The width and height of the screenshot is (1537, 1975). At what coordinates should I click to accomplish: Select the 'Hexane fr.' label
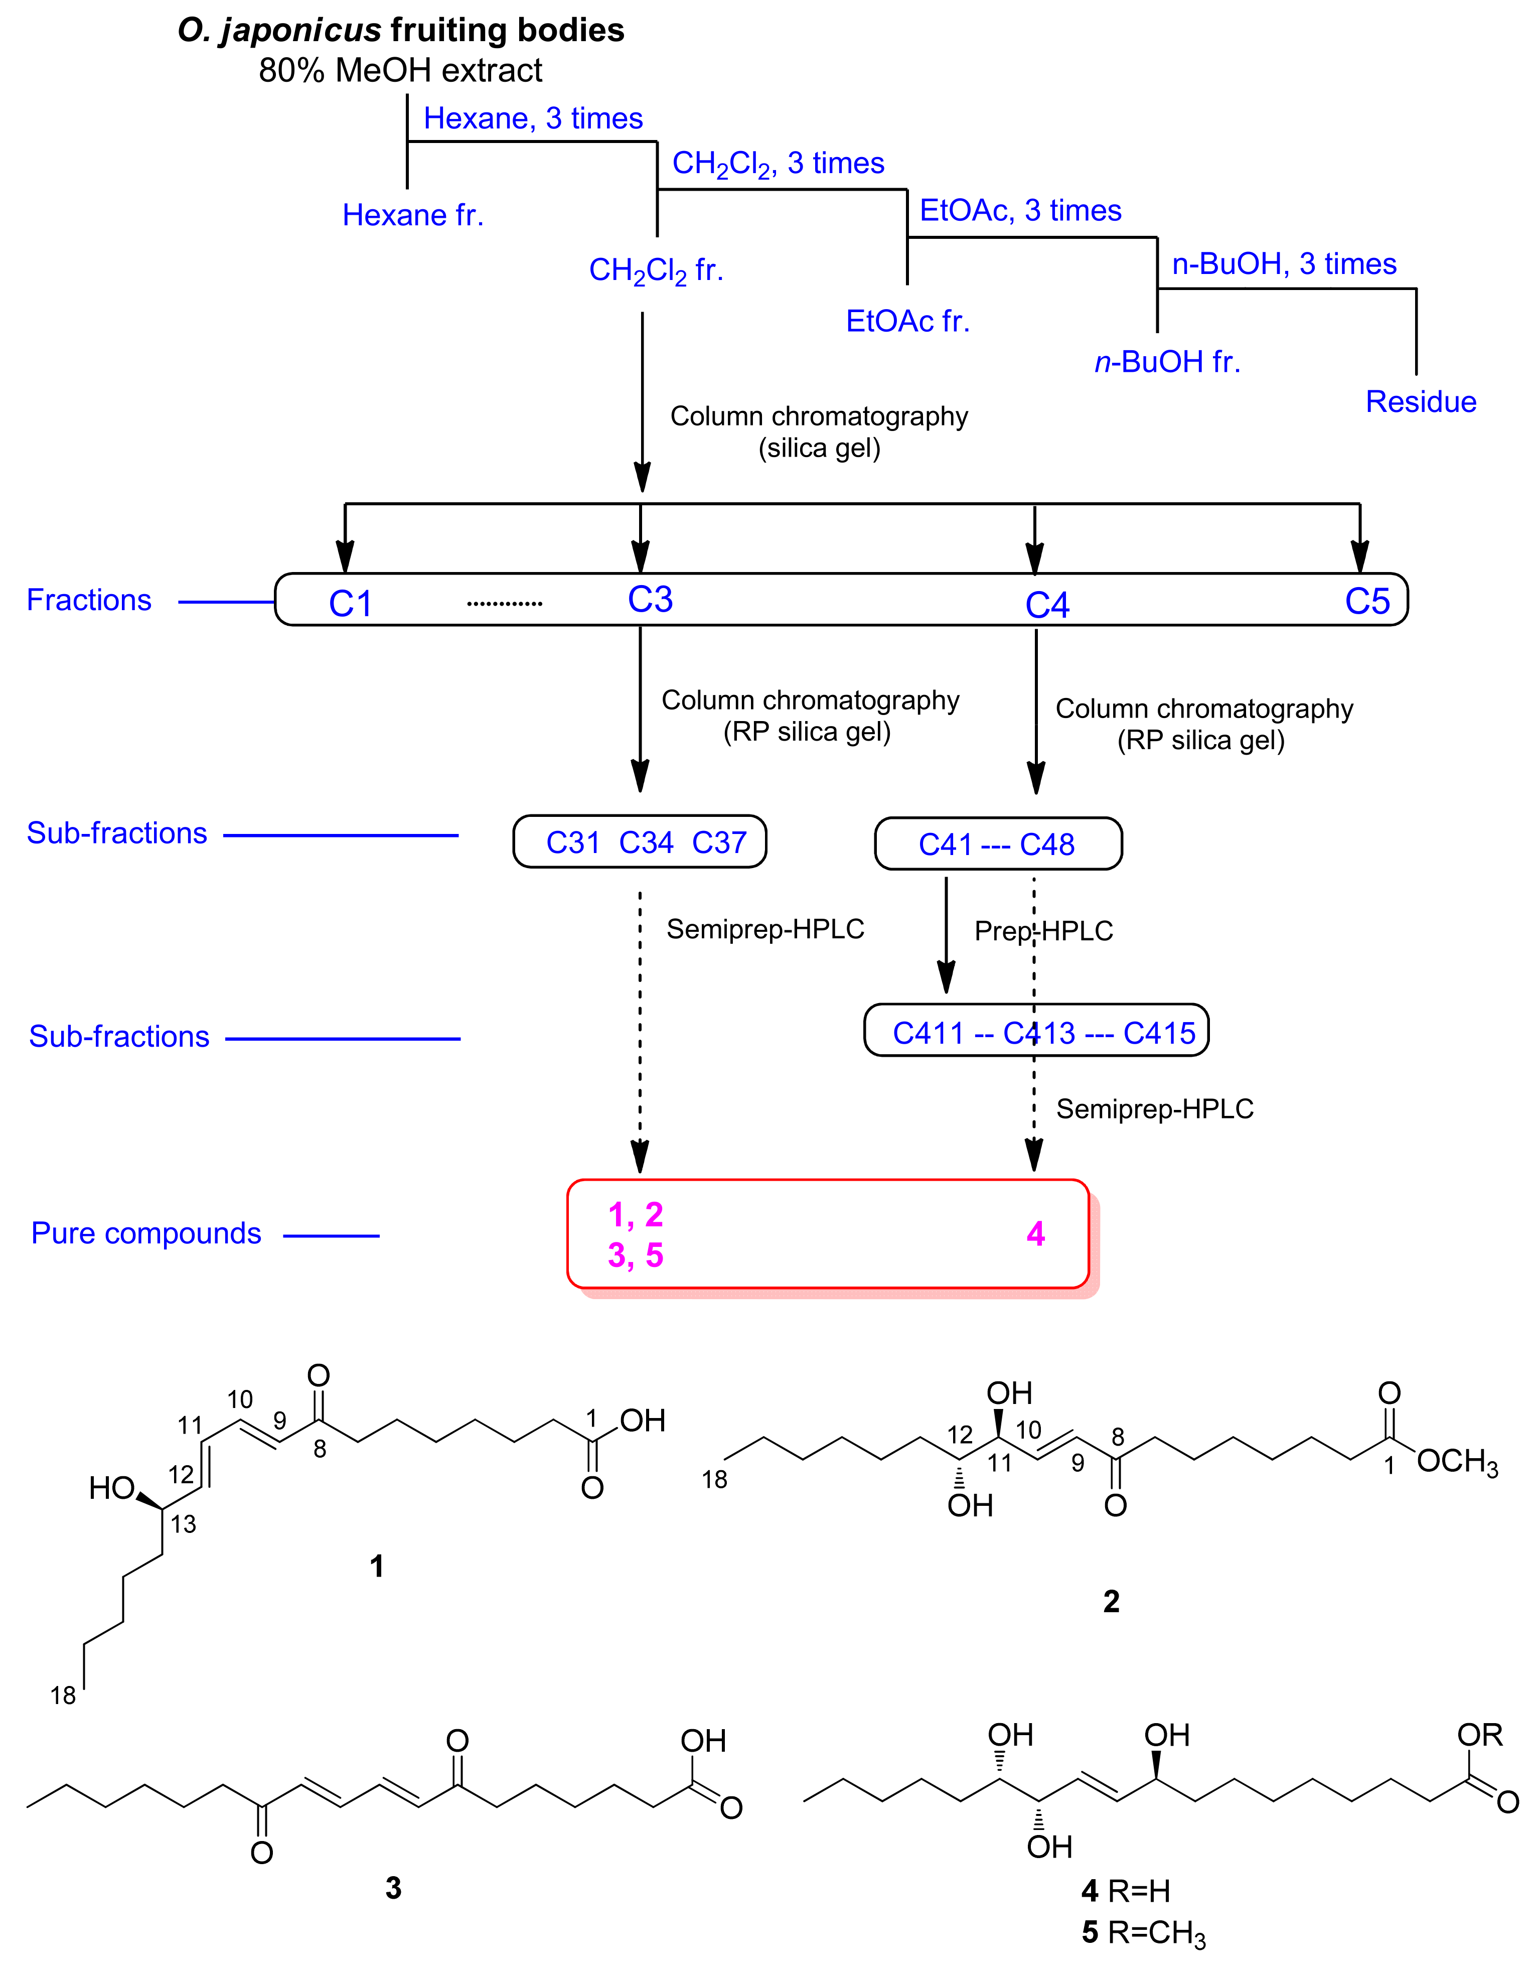413,215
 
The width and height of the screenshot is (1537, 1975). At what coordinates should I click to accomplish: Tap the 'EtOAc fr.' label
908,321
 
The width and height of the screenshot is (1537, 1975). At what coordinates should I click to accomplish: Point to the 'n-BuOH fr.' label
1167,362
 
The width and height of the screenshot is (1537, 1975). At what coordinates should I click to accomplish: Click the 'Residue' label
1420,401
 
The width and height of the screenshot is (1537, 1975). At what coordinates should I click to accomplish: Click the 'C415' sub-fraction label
1159,1033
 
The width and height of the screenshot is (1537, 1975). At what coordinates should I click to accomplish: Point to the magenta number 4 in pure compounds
1035,1233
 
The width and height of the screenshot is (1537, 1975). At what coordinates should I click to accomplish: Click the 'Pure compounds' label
146,1233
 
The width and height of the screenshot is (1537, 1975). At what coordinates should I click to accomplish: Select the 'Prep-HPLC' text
1043,930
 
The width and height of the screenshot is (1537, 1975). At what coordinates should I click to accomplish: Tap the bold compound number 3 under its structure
393,1888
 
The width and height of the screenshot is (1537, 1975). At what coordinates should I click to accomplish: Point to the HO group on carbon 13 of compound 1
112,1488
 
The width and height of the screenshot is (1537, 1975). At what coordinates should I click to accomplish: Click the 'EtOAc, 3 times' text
1020,211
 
